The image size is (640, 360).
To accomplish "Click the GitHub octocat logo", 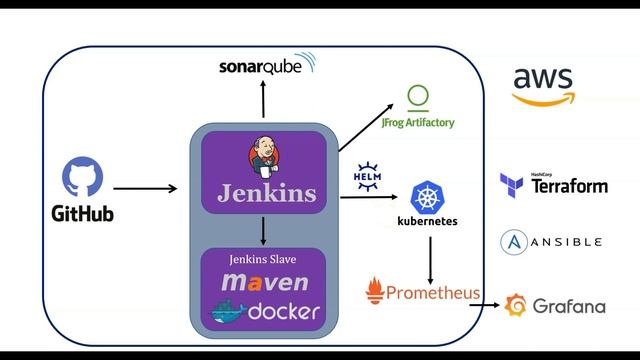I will tap(82, 177).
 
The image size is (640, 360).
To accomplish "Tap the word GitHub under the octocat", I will tap(82, 214).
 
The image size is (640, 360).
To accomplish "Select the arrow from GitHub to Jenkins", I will tap(145, 187).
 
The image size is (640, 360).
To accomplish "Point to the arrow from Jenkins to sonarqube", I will tap(264, 99).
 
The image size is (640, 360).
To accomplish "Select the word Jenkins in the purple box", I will tap(266, 192).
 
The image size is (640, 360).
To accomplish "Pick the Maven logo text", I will tap(265, 284).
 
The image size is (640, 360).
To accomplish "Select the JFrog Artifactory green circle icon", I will tap(418, 97).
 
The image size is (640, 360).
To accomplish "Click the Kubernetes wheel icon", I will tap(428, 196).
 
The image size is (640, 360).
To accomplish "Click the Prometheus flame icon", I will tap(375, 291).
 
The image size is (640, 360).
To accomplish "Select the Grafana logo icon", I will tap(516, 305).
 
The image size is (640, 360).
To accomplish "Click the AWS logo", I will tap(544, 85).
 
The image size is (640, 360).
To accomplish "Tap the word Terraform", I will tap(568, 187).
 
